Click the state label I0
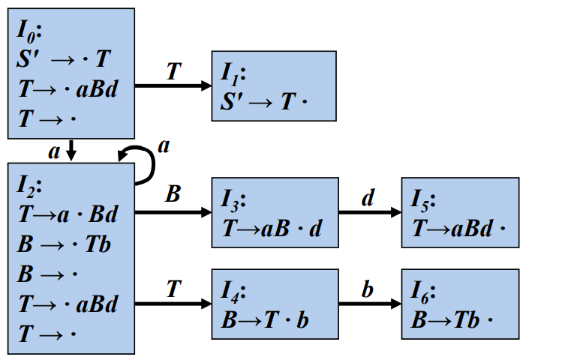(x=30, y=32)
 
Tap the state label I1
(x=233, y=73)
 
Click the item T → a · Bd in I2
(x=68, y=214)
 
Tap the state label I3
(x=234, y=200)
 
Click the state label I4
(x=235, y=291)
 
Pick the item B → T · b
(x=265, y=319)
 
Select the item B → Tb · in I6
(x=453, y=319)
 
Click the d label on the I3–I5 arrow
(x=367, y=198)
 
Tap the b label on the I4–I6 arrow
(x=367, y=289)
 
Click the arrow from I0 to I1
(x=173, y=86)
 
